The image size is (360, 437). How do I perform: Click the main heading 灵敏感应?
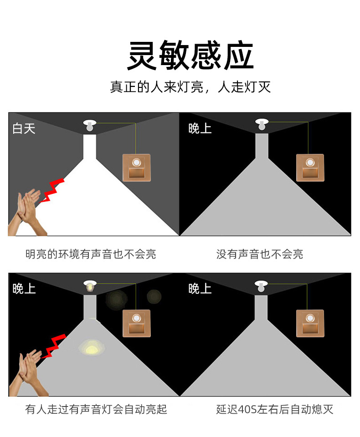coord(190,56)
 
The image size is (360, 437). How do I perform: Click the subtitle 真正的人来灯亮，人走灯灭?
coord(190,87)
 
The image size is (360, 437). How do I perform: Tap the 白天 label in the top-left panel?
coord(24,128)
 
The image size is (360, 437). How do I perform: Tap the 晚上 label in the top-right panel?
coord(200,128)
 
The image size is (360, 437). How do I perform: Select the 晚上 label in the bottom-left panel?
coord(24,289)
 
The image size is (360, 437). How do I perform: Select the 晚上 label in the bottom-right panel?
coord(200,289)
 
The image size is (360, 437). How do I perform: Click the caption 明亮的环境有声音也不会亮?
coord(91,254)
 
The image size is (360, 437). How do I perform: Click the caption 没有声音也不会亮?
coord(260,254)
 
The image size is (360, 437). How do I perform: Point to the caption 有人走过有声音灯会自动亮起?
coord(96,409)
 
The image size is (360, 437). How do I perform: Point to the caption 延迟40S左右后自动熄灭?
coord(275,409)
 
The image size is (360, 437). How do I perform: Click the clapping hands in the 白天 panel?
coord(27,214)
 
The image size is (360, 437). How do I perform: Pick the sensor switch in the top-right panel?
coord(310,167)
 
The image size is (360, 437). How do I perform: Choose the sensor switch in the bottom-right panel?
coord(310,323)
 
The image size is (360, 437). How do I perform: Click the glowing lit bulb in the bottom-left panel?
coord(90,286)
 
